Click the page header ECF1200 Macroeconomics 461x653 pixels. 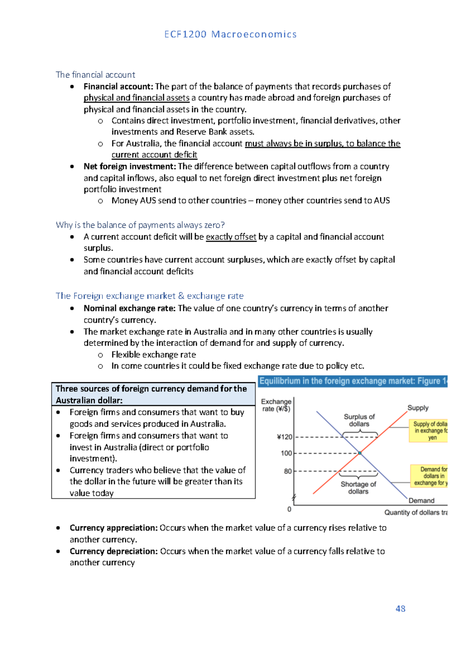pos(230,34)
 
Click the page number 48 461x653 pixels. pos(400,608)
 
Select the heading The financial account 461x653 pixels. pos(95,75)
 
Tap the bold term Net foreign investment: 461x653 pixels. pos(129,167)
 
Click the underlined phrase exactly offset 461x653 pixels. pos(231,237)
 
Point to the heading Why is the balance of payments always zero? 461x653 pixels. pos(140,225)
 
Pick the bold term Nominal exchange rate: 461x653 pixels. pos(129,308)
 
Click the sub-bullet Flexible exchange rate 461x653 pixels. pos(153,355)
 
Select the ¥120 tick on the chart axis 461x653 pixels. pos(284,437)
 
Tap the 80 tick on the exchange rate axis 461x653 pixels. pos(288,471)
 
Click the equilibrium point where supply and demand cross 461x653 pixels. pos(360,453)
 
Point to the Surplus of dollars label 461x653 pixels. pos(359,420)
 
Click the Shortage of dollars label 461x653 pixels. pos(358,488)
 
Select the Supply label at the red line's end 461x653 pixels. pos(418,408)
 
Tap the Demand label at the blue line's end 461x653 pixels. pos(421,500)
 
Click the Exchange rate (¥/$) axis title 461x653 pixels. pos(276,405)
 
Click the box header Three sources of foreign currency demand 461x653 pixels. pos(151,394)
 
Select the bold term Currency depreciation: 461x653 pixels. pos(114,551)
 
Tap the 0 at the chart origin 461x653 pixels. pos(289,509)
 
